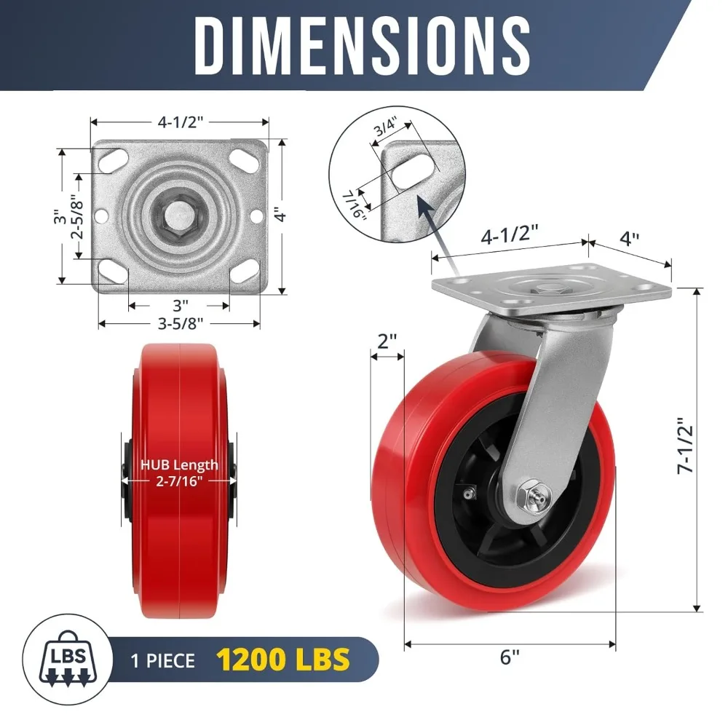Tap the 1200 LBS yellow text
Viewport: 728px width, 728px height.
click(x=282, y=660)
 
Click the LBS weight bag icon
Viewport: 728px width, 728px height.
click(x=70, y=660)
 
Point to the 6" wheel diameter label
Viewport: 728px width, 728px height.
click(x=510, y=657)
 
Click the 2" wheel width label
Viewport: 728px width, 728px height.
click(x=387, y=341)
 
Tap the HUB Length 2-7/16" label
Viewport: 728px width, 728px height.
click(x=179, y=472)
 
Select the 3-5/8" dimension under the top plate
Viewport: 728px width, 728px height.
click(x=180, y=323)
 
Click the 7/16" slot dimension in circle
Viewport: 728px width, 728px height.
click(x=355, y=205)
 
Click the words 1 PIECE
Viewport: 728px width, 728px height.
click(x=163, y=660)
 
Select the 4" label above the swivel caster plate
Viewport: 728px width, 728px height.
click(x=629, y=239)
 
